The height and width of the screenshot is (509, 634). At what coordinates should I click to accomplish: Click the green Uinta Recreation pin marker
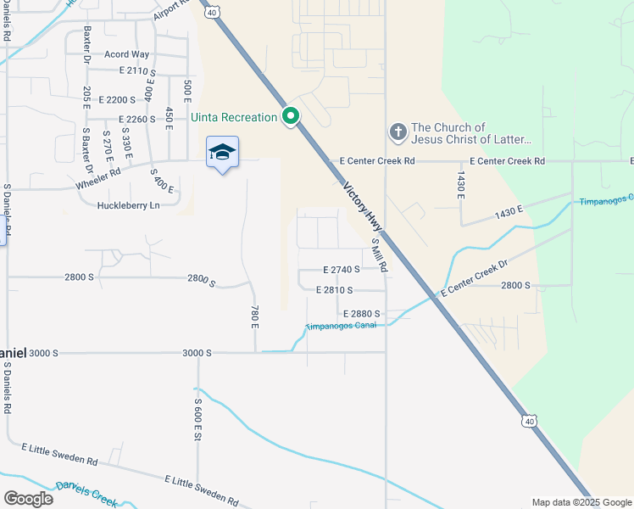pos(291,116)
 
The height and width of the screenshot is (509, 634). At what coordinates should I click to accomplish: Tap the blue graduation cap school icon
pos(222,152)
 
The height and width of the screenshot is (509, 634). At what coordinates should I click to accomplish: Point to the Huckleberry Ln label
pos(129,205)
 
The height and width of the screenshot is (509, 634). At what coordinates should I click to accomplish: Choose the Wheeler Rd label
pos(98,176)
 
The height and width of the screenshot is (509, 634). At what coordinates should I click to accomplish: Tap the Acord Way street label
pos(127,54)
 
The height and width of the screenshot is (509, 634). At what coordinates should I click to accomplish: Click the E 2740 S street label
pos(342,269)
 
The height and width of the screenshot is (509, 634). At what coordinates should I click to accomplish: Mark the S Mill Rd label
pos(380,255)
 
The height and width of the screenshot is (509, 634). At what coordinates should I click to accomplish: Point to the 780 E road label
pos(253,317)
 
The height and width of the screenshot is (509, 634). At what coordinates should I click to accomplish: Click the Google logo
pos(28,498)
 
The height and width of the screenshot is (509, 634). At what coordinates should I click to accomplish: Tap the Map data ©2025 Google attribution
pos(581,502)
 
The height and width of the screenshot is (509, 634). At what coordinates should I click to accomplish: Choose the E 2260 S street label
pos(126,120)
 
